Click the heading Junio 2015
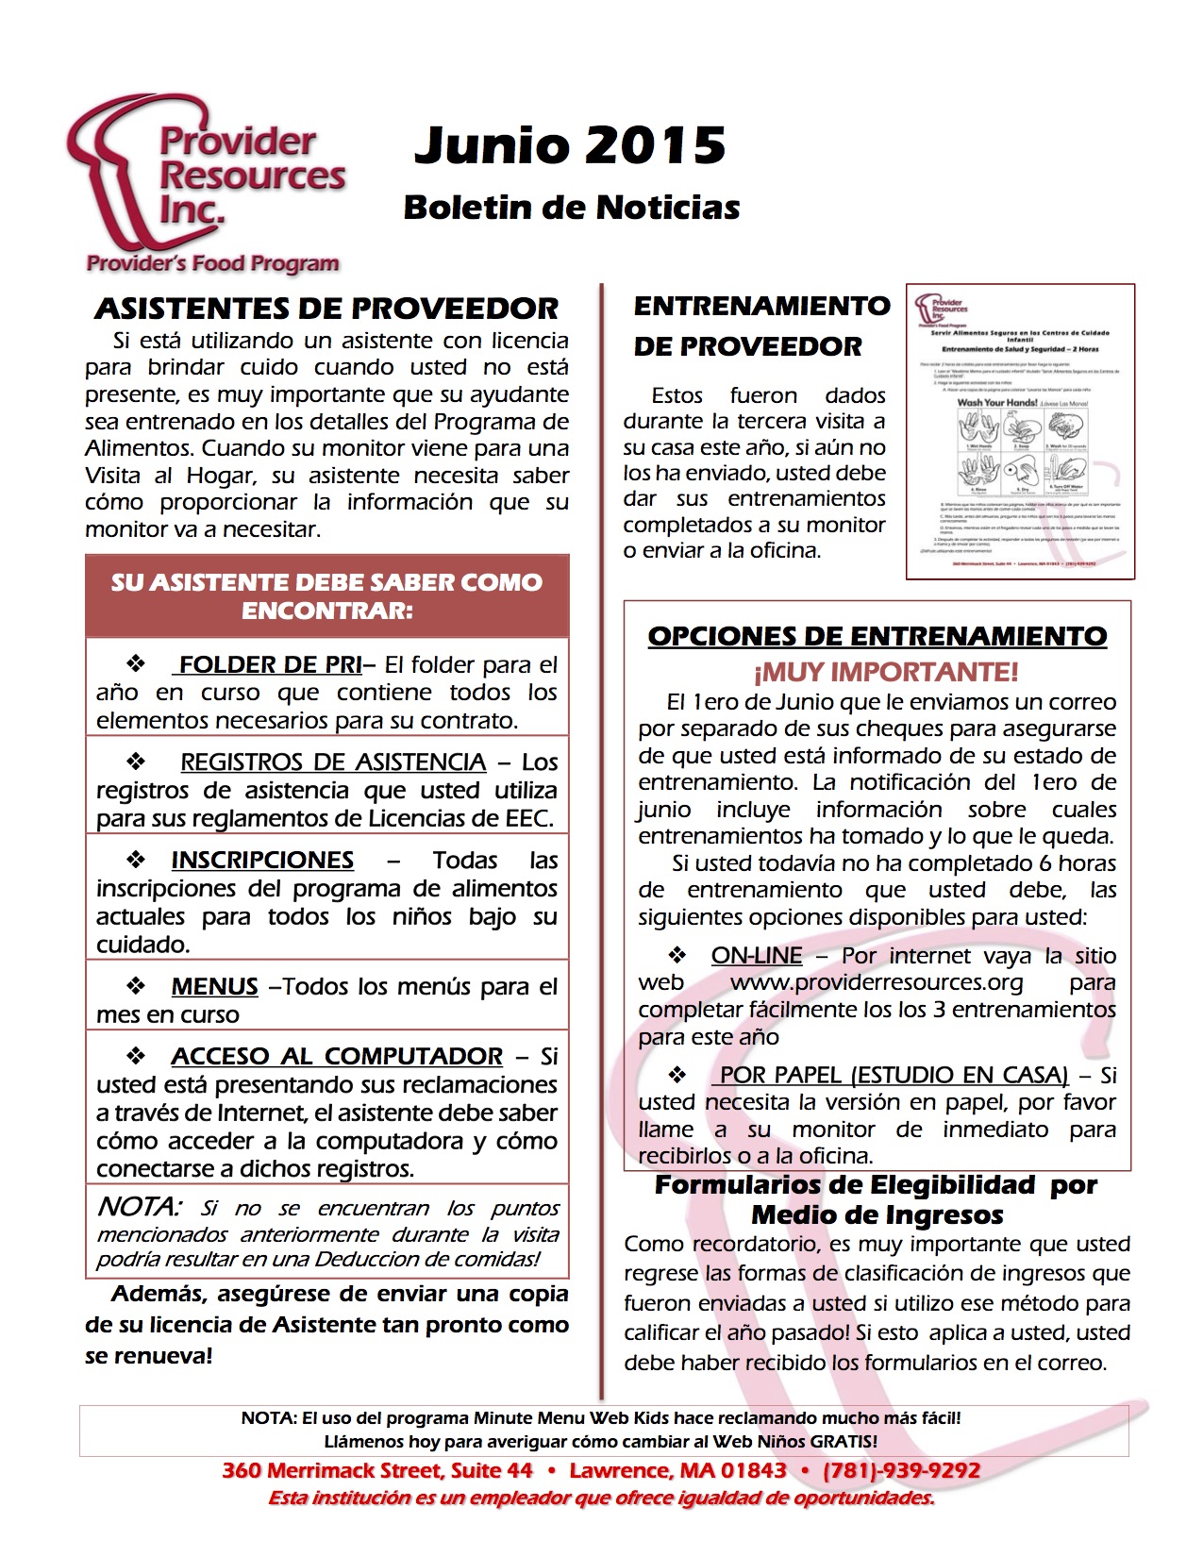point(570,145)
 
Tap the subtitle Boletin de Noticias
point(571,208)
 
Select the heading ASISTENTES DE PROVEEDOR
point(326,309)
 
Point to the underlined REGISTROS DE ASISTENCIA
point(333,762)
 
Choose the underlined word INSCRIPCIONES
point(262,861)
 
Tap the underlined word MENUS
point(214,987)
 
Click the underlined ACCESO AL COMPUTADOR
point(337,1057)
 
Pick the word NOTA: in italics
point(139,1207)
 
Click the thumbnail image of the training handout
point(1020,431)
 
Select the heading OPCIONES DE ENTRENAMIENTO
point(877,637)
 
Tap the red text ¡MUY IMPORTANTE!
point(885,673)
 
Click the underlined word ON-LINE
point(757,956)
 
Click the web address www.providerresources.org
point(877,983)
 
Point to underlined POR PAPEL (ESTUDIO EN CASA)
point(894,1076)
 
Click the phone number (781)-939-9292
point(901,1470)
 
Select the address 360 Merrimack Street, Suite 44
point(377,1470)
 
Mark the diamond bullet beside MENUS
point(137,986)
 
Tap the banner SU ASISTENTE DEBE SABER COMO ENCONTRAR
point(326,595)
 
